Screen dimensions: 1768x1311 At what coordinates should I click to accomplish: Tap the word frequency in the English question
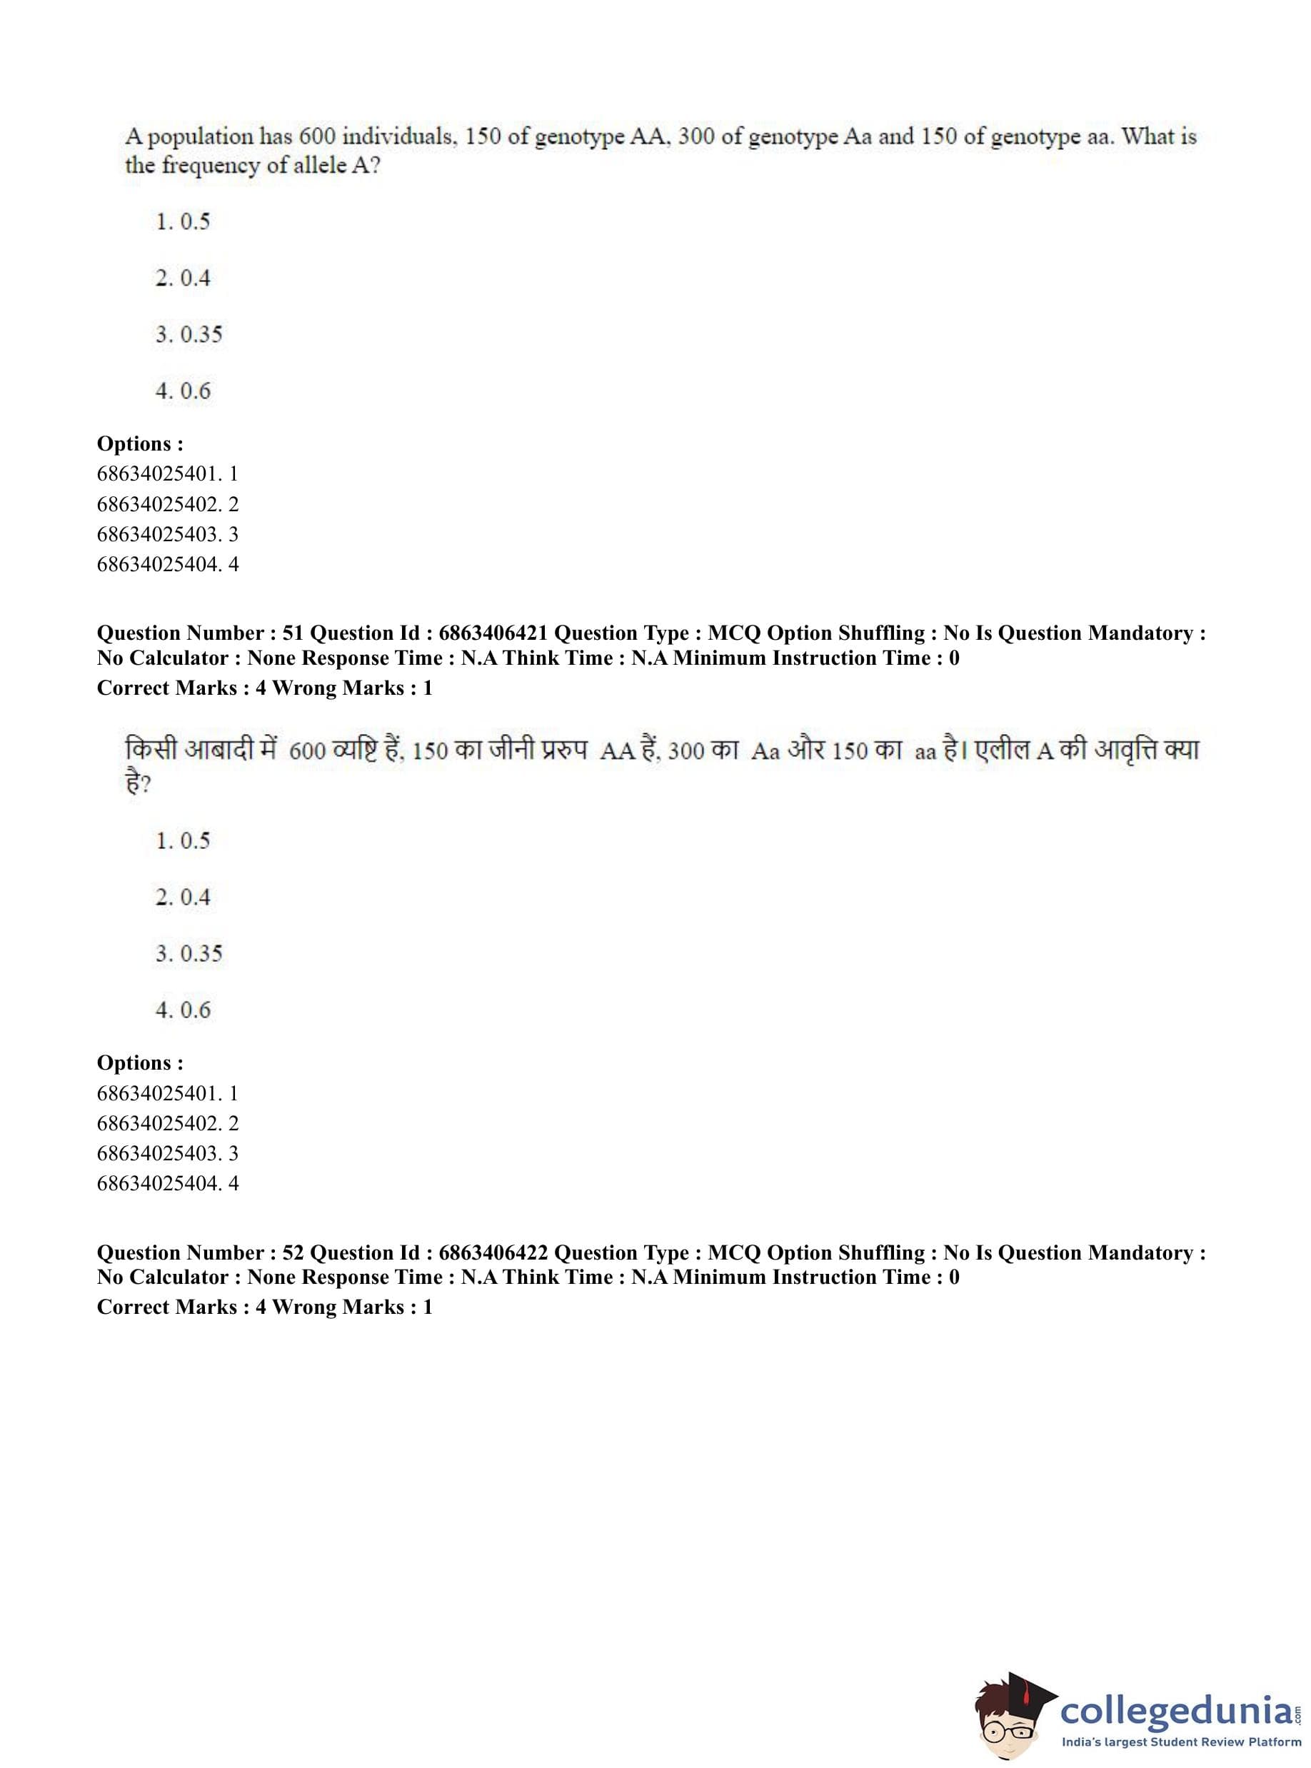point(209,166)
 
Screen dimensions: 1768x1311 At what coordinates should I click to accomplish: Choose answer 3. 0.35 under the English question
point(189,334)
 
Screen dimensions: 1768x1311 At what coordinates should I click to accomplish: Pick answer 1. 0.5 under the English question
point(183,221)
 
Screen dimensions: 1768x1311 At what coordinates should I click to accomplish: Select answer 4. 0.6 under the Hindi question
point(183,1010)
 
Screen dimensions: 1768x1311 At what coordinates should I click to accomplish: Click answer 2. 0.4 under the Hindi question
point(183,898)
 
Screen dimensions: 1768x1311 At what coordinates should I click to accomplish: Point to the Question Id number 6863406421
point(493,633)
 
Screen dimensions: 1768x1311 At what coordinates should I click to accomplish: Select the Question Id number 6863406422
point(493,1252)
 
